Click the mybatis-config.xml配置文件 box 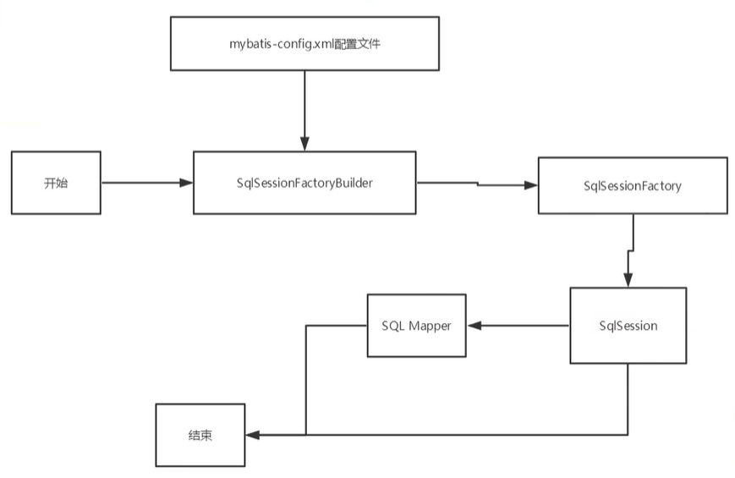click(x=304, y=43)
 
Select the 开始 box click(x=57, y=183)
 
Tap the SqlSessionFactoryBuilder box click(x=304, y=183)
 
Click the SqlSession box click(x=627, y=326)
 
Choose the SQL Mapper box click(x=416, y=326)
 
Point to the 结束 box click(x=200, y=436)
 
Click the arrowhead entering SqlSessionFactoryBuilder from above click(x=304, y=145)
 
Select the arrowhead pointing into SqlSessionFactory click(x=531, y=185)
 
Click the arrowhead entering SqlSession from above click(x=628, y=281)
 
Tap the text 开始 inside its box click(x=57, y=183)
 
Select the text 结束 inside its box click(x=200, y=436)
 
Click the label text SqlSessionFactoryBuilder click(x=304, y=183)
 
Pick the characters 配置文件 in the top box click(x=363, y=43)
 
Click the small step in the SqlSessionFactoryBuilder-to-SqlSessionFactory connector click(x=477, y=184)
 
